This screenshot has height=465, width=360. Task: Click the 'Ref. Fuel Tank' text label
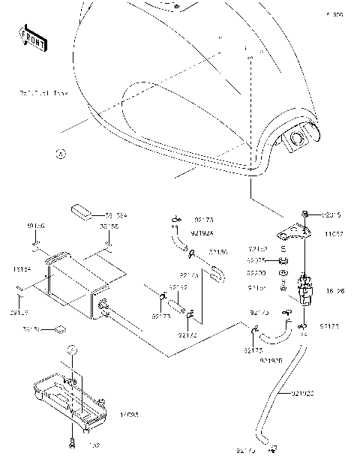(43, 94)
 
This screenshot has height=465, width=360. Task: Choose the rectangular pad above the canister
(81, 208)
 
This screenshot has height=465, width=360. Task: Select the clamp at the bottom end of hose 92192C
(272, 448)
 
